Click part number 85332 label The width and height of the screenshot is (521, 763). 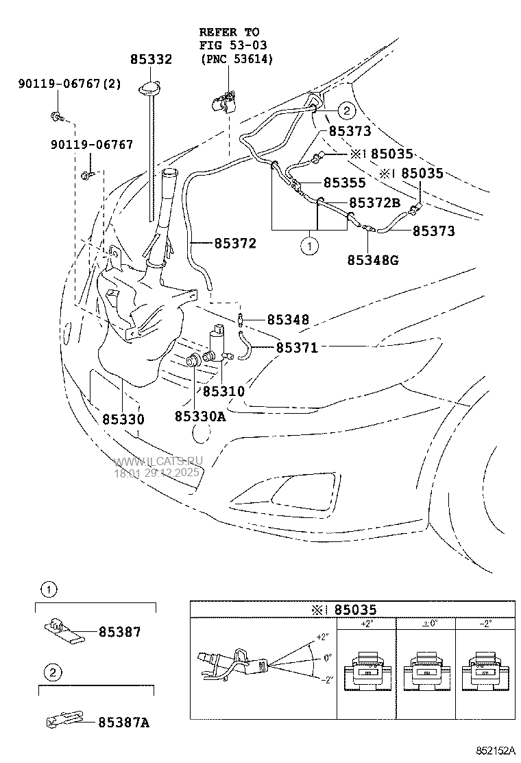pyautogui.click(x=151, y=60)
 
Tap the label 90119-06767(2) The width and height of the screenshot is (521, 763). pyautogui.click(x=60, y=84)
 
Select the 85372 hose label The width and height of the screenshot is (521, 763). pyautogui.click(x=234, y=243)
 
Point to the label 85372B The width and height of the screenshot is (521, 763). pyautogui.click(x=374, y=203)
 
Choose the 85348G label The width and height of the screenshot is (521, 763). pyautogui.click(x=373, y=259)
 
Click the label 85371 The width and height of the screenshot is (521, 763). pyautogui.click(x=297, y=348)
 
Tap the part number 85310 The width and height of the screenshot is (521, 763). pyautogui.click(x=223, y=391)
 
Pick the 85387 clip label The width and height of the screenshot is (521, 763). pyautogui.click(x=119, y=632)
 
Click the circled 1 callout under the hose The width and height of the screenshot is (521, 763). pyautogui.click(x=310, y=246)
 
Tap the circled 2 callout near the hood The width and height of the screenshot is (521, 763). pyautogui.click(x=346, y=110)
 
